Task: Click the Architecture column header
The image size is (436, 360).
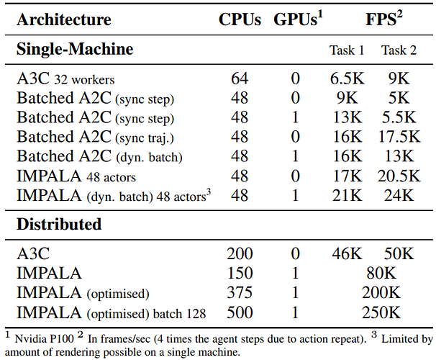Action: (63, 19)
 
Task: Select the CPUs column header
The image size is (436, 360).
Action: (240, 19)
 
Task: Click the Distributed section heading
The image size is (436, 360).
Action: (59, 224)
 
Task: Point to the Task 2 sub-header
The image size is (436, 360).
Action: (398, 51)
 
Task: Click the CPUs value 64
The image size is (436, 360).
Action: (240, 78)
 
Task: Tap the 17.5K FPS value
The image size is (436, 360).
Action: (398, 137)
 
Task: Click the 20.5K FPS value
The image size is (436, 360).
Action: (398, 176)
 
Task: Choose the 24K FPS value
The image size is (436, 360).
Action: (398, 195)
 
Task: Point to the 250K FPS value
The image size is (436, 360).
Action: (380, 312)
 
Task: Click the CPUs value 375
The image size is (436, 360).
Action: (240, 293)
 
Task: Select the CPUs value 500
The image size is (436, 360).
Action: (240, 312)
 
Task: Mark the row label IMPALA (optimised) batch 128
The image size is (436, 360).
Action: (111, 312)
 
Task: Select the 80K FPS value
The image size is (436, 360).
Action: (380, 274)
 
